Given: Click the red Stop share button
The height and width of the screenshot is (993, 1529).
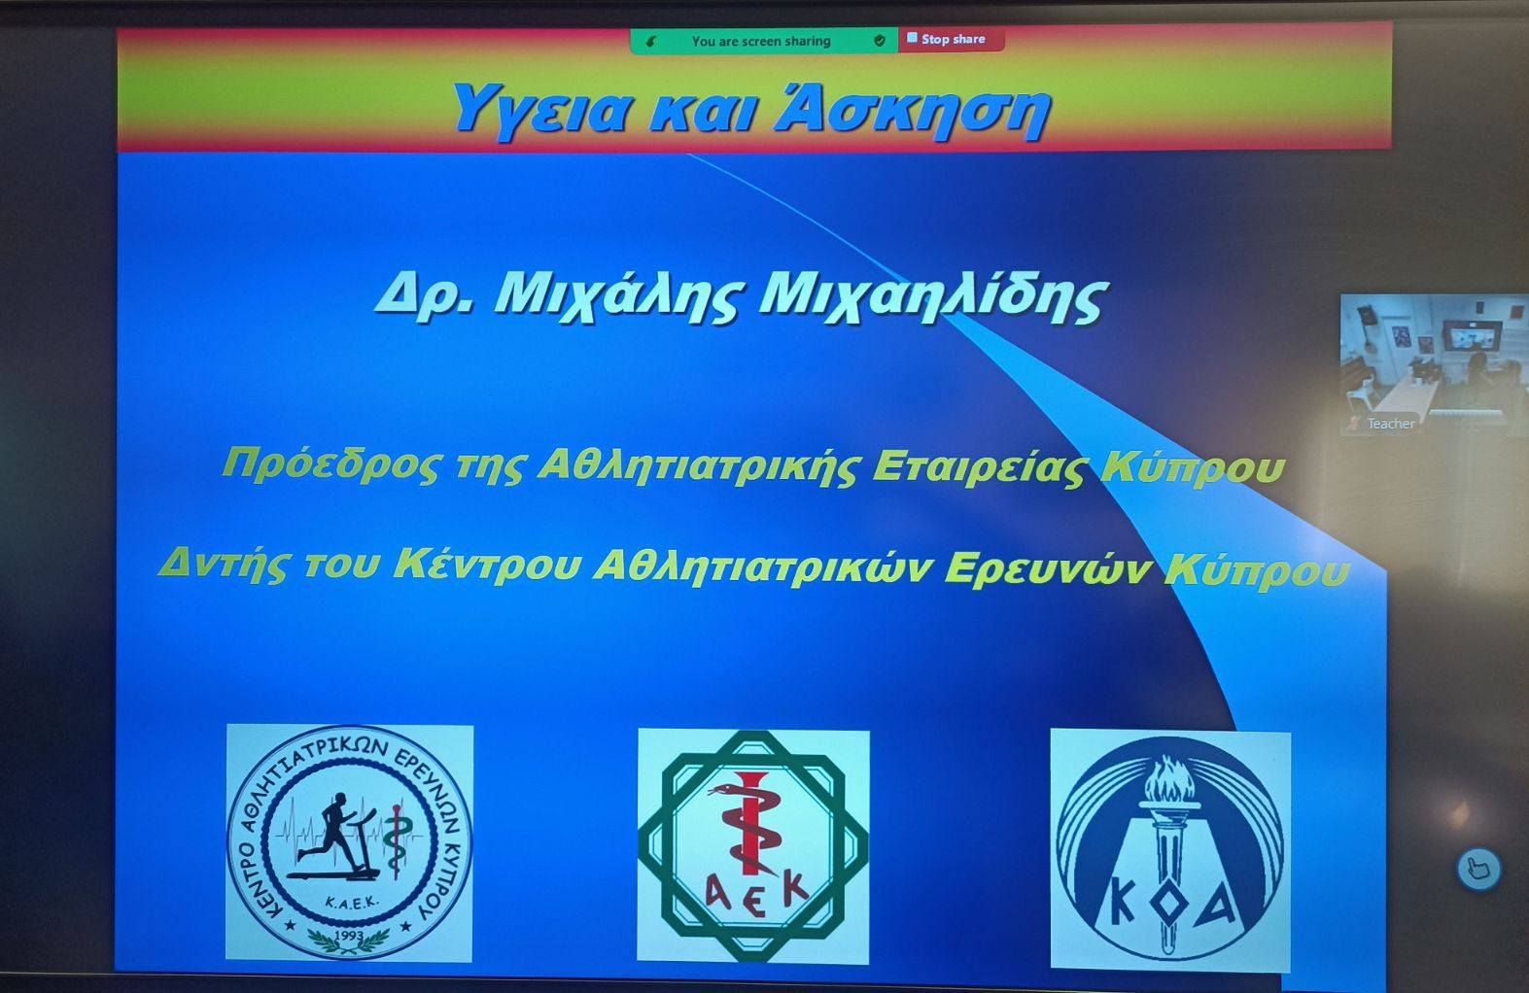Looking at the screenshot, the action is [952, 40].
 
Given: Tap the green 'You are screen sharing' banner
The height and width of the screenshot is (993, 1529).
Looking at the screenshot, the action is [764, 41].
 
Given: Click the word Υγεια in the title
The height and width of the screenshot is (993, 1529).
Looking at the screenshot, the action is [539, 111].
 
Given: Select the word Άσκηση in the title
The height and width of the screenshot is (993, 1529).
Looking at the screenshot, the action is [913, 111].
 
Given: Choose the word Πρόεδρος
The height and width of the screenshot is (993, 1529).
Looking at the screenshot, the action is [330, 464].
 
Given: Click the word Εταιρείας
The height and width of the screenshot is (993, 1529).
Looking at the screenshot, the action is [979, 466].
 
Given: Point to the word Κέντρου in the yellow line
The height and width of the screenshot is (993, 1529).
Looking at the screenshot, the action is [487, 565].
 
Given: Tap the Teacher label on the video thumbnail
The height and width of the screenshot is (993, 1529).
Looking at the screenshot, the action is [1390, 423].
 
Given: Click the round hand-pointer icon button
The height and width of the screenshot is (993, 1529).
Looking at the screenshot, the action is [1478, 869].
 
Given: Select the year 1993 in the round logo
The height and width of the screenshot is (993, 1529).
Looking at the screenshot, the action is [350, 935].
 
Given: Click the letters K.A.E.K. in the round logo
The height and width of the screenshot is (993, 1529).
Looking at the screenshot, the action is [350, 903].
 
